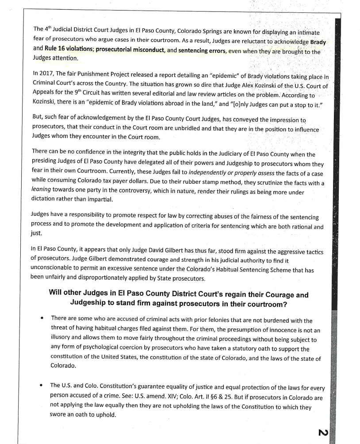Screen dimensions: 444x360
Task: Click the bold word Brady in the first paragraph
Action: point(318,42)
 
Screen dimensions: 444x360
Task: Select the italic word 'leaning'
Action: point(42,191)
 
